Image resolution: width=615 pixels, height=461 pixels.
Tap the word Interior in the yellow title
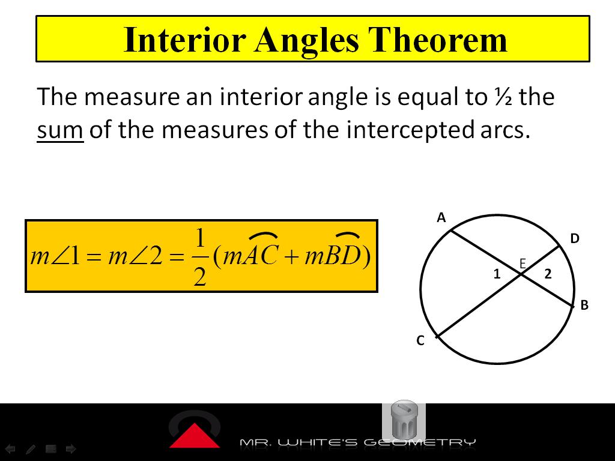(x=184, y=40)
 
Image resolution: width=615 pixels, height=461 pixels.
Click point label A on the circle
(x=441, y=218)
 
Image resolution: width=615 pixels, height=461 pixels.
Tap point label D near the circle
(x=575, y=239)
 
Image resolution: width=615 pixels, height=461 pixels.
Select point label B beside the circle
(x=584, y=305)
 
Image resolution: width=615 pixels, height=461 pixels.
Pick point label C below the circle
(x=420, y=341)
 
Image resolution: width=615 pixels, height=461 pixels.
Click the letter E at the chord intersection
(x=523, y=263)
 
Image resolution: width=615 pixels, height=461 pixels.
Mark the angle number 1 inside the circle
(x=497, y=274)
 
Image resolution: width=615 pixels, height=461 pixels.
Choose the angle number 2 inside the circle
(x=548, y=274)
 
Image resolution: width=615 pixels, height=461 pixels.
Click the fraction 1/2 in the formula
(x=200, y=256)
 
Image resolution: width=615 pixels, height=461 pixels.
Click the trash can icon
(x=404, y=420)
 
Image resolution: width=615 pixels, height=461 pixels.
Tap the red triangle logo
(x=194, y=436)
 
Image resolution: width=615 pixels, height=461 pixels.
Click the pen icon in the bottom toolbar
(x=31, y=448)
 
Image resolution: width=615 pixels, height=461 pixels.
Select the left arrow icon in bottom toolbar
(x=11, y=448)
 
